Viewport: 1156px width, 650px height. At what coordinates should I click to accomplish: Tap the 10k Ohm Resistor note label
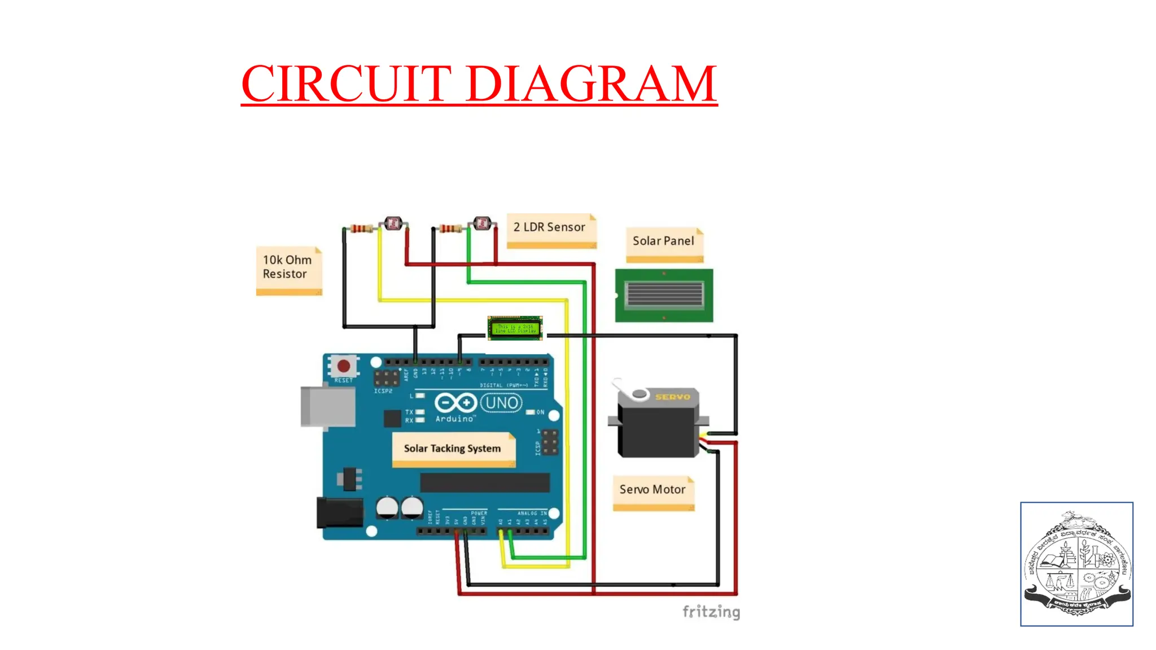[288, 267]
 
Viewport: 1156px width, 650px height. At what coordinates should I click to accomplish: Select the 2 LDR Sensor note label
[550, 227]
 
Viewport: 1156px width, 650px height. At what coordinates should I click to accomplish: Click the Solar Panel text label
[663, 241]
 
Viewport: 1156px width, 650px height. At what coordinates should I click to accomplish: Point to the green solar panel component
[664, 295]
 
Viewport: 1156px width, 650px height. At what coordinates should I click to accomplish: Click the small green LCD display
[515, 328]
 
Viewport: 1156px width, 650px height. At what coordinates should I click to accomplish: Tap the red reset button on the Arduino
[343, 366]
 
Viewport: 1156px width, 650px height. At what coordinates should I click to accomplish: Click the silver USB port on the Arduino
[327, 406]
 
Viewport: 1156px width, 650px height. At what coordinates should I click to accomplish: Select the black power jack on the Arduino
[339, 512]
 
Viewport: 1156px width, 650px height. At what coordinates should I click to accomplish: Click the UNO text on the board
[501, 403]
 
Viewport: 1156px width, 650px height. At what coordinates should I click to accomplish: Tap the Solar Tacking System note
[453, 449]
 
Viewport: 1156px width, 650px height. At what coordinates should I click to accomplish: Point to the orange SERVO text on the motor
[672, 397]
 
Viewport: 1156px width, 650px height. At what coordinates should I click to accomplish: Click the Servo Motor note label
[653, 490]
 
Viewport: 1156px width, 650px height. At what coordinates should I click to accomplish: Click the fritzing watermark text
[711, 612]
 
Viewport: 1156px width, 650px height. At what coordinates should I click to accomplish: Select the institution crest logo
[1076, 564]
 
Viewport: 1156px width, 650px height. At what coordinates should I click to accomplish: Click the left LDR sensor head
[393, 224]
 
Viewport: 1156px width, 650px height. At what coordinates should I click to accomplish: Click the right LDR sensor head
[482, 223]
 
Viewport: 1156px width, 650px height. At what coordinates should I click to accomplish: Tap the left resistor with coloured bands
[361, 229]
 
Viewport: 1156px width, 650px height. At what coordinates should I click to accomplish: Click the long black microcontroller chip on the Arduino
[484, 483]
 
